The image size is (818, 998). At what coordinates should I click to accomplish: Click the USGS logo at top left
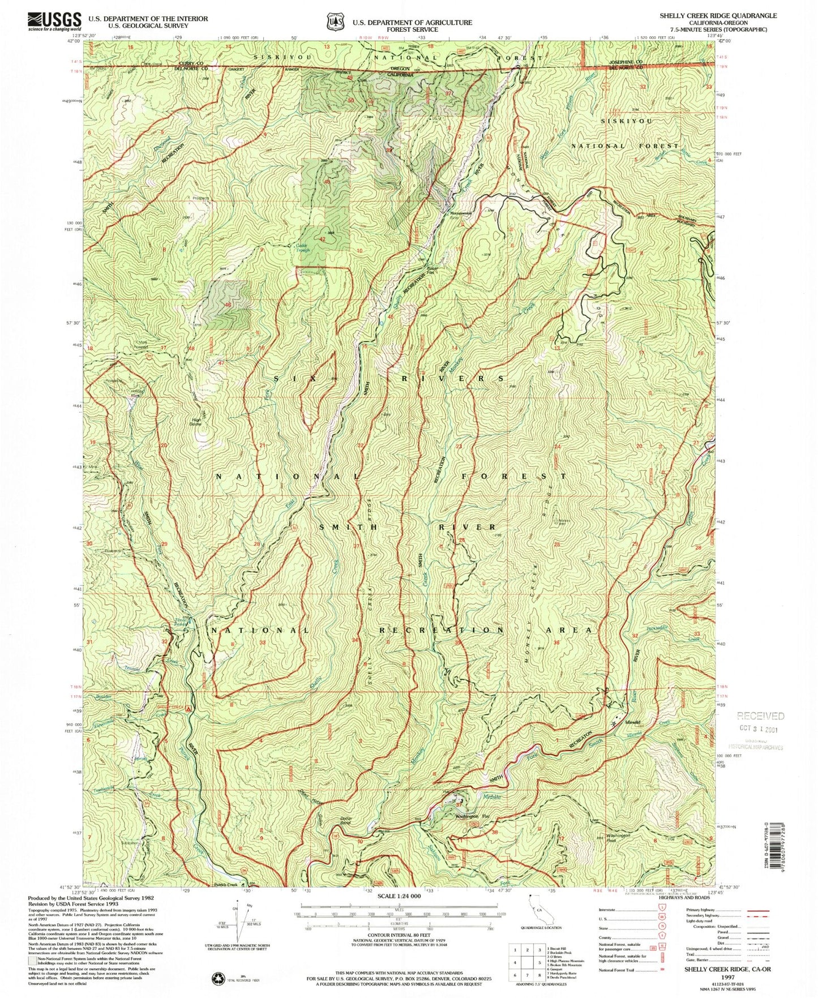click(54, 22)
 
